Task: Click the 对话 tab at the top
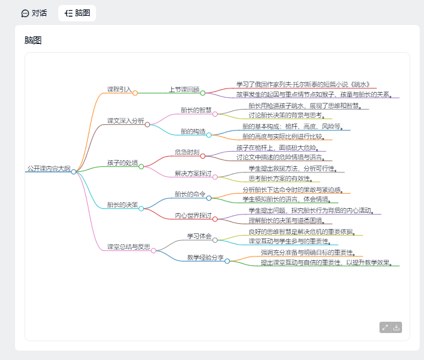click(x=34, y=13)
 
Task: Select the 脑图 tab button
click(x=77, y=13)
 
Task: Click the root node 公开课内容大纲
click(x=48, y=169)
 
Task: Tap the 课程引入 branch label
click(x=119, y=90)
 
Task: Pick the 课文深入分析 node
click(x=125, y=121)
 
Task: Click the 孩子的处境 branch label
click(x=122, y=163)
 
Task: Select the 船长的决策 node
click(x=122, y=205)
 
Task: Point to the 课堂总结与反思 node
click(x=129, y=247)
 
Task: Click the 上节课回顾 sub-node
click(x=184, y=90)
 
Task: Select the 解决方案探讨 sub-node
click(x=193, y=174)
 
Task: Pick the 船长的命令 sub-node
click(x=190, y=194)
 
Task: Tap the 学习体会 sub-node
click(x=199, y=236)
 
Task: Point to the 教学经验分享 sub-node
click(x=206, y=258)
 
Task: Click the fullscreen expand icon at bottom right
click(x=385, y=327)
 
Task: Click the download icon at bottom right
click(x=396, y=327)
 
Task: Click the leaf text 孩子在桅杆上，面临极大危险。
click(x=280, y=147)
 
